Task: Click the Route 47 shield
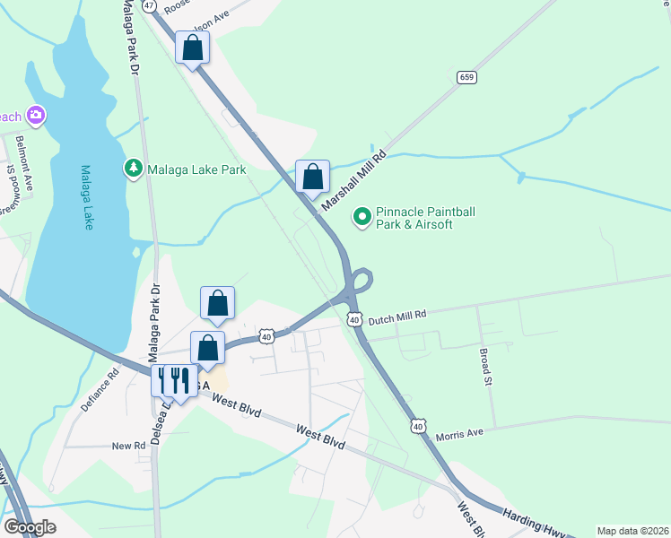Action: point(148,5)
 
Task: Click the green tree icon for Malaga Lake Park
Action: point(133,168)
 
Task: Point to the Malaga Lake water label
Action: point(87,197)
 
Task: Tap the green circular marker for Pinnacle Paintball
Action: point(362,216)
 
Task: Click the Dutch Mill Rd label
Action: point(396,316)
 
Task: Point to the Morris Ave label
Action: point(459,432)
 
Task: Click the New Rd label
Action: point(128,446)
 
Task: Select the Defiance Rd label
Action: point(100,390)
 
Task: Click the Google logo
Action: point(30,527)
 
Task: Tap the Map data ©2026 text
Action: point(632,531)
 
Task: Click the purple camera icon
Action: point(37,114)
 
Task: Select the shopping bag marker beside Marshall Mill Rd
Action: point(312,176)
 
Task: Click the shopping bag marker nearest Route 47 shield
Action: point(192,48)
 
